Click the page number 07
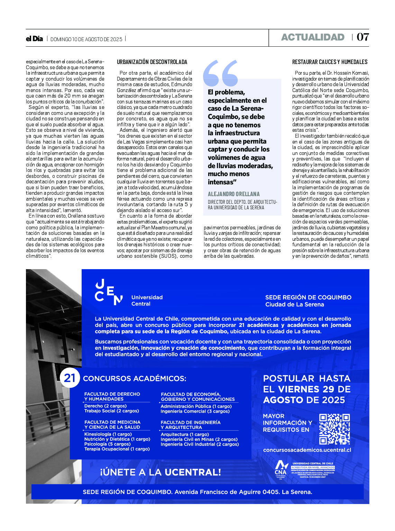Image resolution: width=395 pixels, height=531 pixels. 363,37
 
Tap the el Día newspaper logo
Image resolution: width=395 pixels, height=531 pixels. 34,39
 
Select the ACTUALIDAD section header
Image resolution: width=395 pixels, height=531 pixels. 313,37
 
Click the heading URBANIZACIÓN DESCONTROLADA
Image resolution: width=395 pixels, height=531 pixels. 152,62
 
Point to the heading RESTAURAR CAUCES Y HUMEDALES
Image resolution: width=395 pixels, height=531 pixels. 330,62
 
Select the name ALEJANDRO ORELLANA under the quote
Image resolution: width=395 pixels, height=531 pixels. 233,194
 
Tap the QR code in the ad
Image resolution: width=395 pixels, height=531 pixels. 334,429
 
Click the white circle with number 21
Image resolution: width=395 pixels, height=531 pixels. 70,378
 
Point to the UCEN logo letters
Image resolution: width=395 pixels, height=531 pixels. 109,293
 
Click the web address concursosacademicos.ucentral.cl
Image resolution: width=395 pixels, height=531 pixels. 307,450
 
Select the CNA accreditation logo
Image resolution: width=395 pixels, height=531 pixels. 281,468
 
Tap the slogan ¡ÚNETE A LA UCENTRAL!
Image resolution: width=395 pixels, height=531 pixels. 160,472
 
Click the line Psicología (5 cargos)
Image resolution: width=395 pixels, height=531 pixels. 107,444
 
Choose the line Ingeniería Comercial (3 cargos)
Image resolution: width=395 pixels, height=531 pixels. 195,411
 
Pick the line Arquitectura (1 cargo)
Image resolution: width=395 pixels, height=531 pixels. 185,434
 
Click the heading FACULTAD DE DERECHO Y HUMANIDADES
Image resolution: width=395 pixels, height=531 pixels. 112,396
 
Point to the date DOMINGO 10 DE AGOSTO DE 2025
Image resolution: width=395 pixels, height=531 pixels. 86,39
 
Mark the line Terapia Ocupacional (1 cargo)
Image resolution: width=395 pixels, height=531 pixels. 117,449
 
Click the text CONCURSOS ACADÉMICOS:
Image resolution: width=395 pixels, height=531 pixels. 135,378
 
